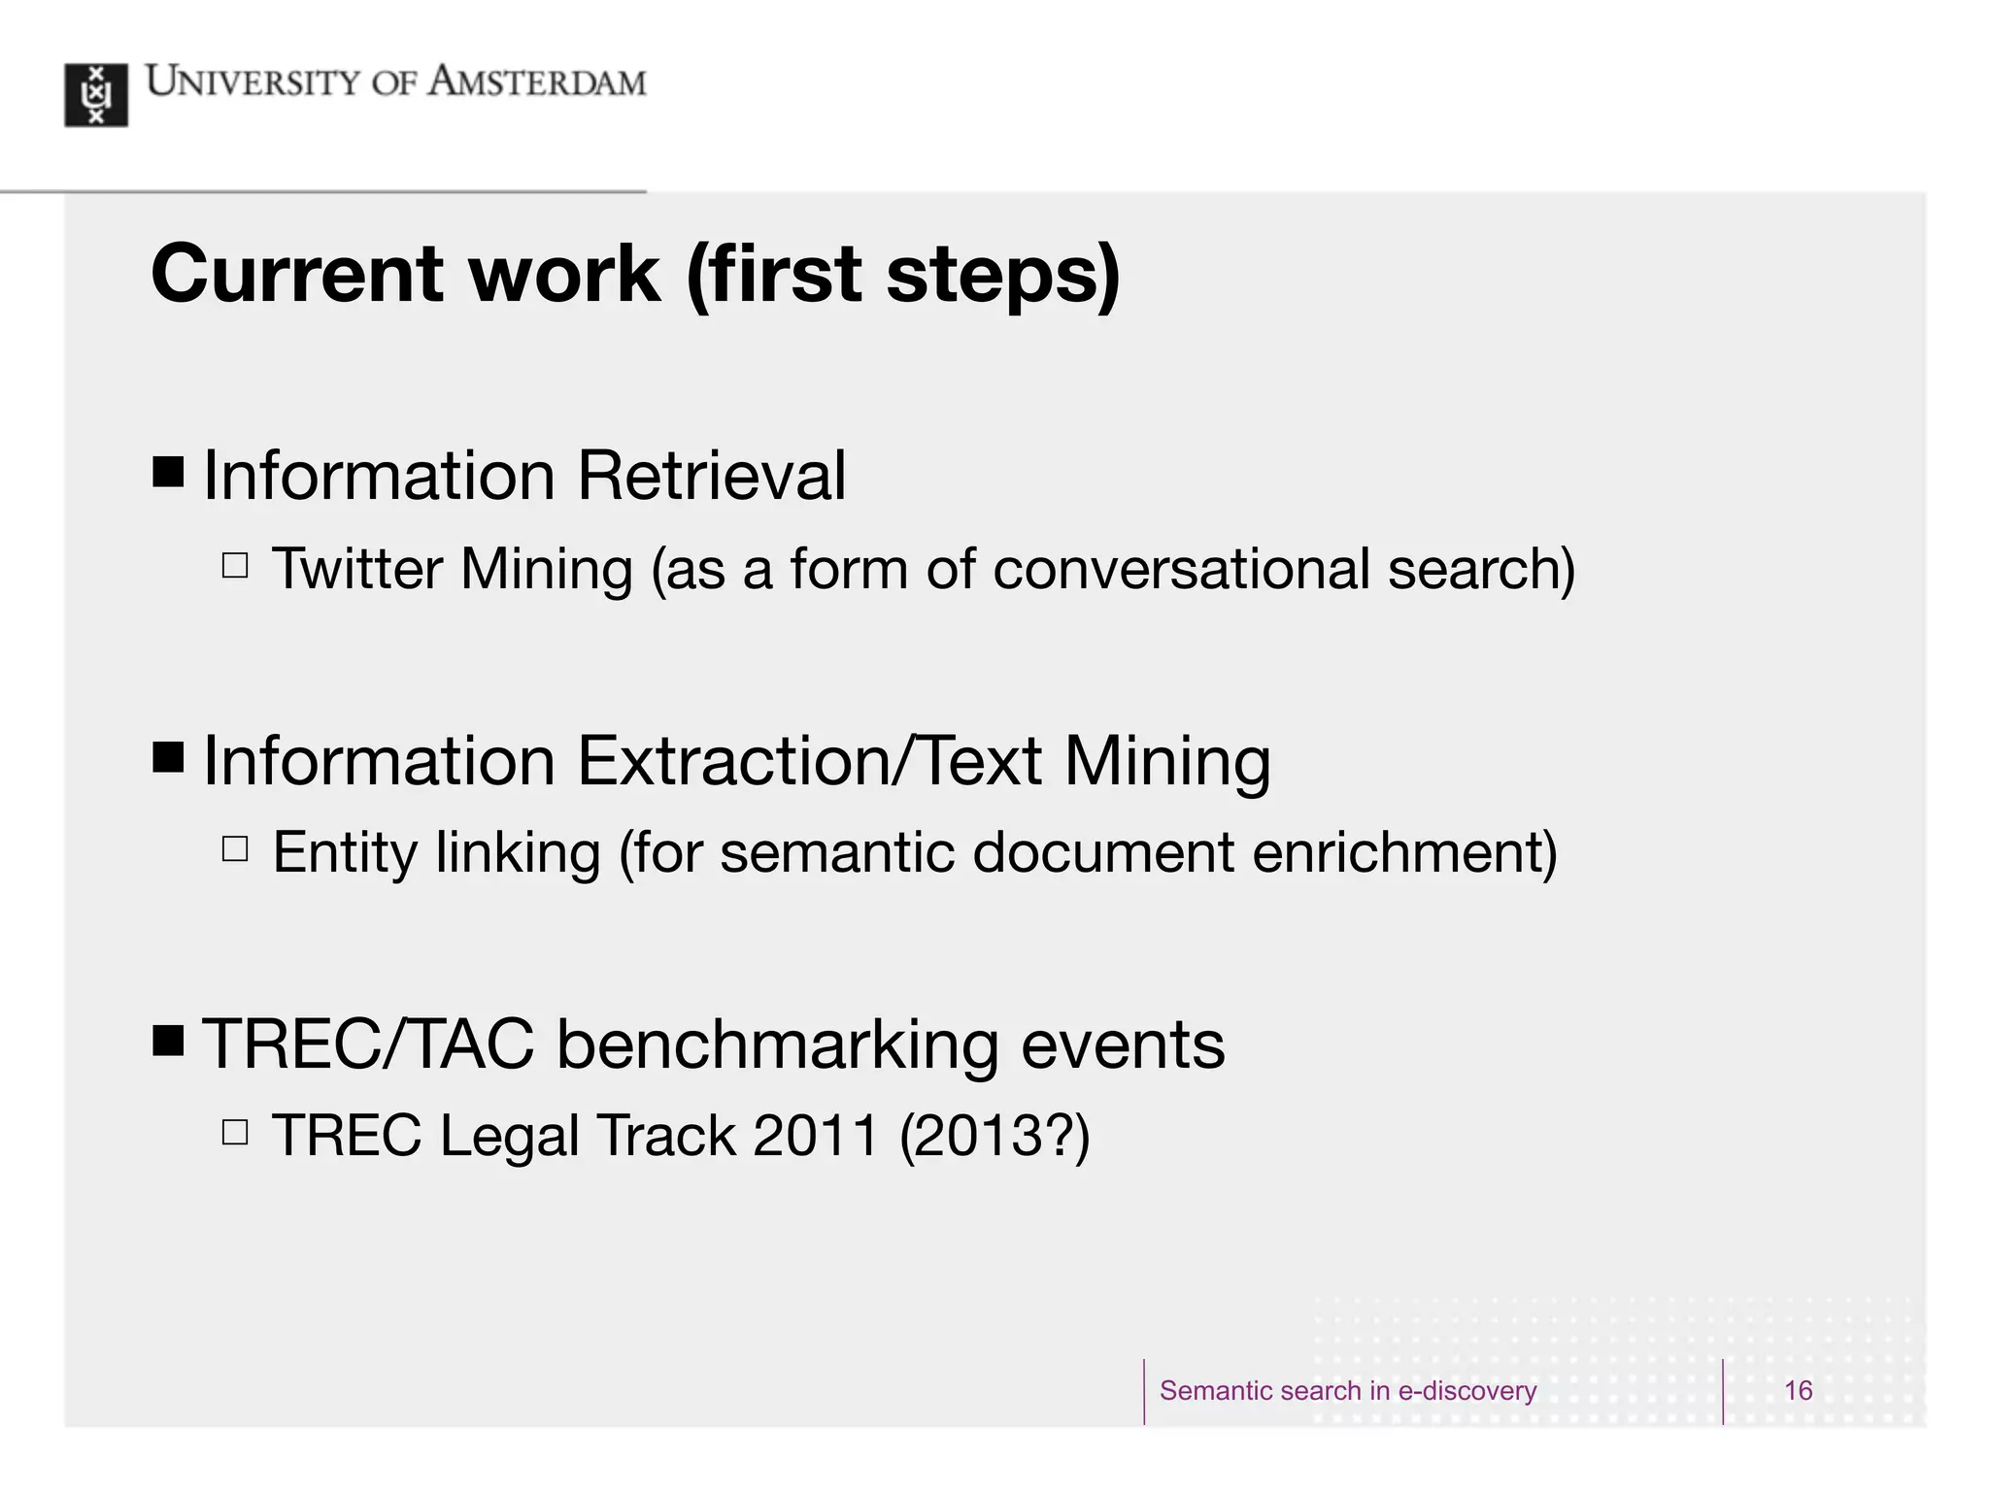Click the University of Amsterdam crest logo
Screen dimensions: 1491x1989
(x=96, y=94)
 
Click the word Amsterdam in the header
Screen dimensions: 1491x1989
(x=537, y=83)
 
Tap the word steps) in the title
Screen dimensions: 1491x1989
(x=1003, y=274)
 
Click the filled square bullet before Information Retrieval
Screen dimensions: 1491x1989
(x=168, y=473)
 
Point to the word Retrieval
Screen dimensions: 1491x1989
(x=711, y=476)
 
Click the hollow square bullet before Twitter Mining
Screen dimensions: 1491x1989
(x=235, y=565)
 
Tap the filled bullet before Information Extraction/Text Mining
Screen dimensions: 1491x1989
(x=168, y=757)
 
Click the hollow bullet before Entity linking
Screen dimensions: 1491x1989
(x=235, y=849)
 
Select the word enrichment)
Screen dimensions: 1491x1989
(x=1404, y=852)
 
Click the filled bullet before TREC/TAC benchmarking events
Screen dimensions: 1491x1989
(x=168, y=1042)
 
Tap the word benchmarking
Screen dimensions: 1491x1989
(x=777, y=1044)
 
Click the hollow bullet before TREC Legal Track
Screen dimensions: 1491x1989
(x=235, y=1132)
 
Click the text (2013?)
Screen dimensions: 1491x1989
(x=994, y=1135)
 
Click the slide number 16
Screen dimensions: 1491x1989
(x=1798, y=1390)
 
